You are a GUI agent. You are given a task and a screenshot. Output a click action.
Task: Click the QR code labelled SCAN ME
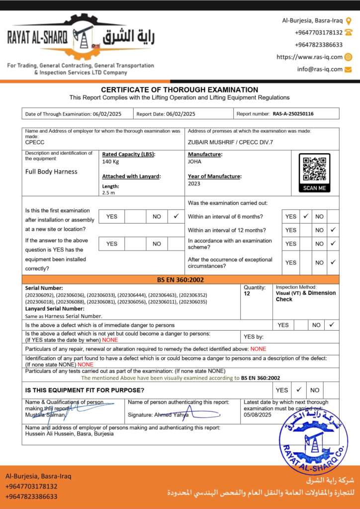point(314,170)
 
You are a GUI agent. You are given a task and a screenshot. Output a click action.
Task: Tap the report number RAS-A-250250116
point(293,114)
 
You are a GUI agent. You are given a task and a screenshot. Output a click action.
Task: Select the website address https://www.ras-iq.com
point(309,57)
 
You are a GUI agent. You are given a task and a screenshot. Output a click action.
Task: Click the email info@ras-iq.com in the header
point(320,70)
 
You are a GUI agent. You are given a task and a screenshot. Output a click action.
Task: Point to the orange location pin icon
point(349,20)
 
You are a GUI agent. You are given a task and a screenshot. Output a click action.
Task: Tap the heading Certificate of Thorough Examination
point(180,89)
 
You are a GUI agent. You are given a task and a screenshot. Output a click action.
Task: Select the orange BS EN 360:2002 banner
point(180,280)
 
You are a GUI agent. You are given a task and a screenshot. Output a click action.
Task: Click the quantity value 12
point(247,294)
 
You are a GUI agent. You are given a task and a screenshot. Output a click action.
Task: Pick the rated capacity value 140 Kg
point(110,162)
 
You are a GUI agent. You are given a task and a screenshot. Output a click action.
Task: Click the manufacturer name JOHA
point(194,162)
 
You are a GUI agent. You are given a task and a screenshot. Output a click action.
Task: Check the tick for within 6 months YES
point(306,216)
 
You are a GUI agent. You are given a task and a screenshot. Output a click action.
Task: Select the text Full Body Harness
point(51,171)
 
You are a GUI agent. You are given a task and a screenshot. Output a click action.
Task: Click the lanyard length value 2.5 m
point(108,192)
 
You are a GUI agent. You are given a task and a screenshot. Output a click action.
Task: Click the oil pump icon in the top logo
point(81,36)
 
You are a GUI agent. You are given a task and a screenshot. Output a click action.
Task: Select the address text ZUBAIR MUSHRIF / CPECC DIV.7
point(230,142)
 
